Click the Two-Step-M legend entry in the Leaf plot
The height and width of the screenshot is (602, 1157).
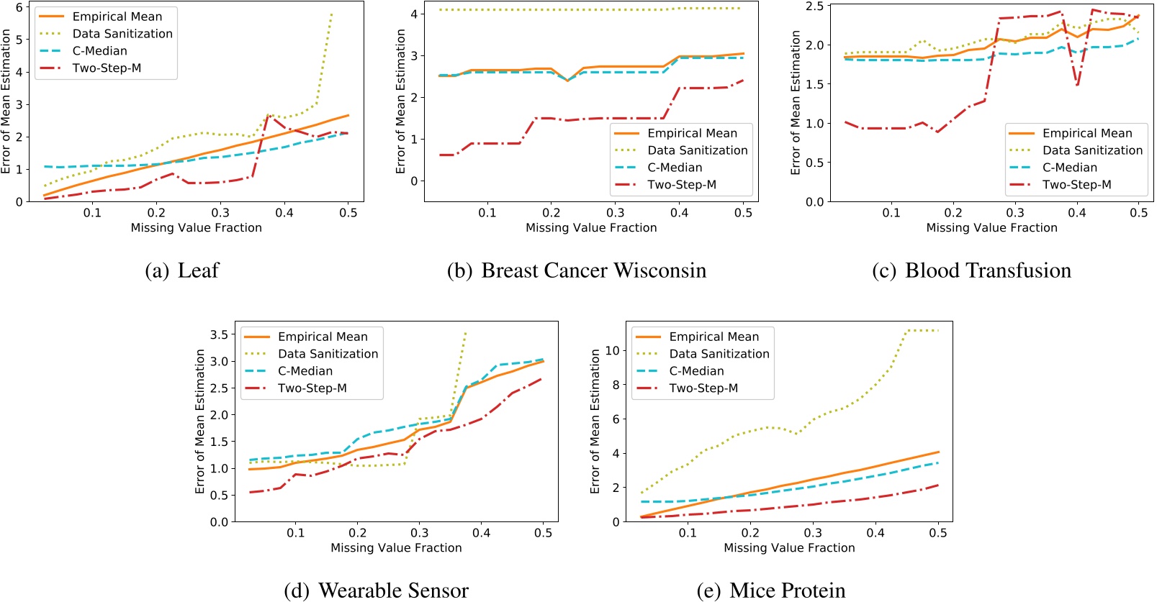pyautogui.click(x=107, y=68)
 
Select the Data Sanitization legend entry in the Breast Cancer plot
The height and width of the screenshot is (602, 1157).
pyautogui.click(x=697, y=150)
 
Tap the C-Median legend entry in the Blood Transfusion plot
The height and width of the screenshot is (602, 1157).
pyautogui.click(x=1069, y=168)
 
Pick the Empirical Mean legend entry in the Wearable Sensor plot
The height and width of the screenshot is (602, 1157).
pyautogui.click(x=322, y=337)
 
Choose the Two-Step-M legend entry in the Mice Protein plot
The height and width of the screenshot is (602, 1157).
pyautogui.click(x=703, y=388)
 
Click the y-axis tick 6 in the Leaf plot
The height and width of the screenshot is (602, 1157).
pyautogui.click(x=19, y=7)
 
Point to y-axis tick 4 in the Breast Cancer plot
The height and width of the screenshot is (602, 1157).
pyautogui.click(x=414, y=14)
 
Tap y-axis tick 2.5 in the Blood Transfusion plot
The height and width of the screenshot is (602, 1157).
pyautogui.click(x=814, y=6)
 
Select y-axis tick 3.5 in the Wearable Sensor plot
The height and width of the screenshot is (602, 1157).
pyautogui.click(x=219, y=334)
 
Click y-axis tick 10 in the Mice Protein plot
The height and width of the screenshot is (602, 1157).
pyautogui.click(x=612, y=351)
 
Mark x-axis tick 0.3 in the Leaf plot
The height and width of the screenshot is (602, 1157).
pyautogui.click(x=220, y=213)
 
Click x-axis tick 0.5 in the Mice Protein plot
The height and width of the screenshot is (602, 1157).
pyautogui.click(x=937, y=533)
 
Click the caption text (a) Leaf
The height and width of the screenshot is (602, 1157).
pyautogui.click(x=181, y=270)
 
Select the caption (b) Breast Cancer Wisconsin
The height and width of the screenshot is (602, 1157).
pyautogui.click(x=576, y=270)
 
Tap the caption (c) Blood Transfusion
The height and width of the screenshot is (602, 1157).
pyautogui.click(x=971, y=270)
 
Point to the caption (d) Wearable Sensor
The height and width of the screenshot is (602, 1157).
pyautogui.click(x=376, y=590)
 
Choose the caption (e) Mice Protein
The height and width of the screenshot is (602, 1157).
pyautogui.click(x=771, y=590)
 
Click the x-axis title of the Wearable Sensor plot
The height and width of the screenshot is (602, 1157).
pyautogui.click(x=396, y=548)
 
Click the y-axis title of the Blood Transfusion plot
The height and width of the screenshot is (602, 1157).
pyautogui.click(x=796, y=102)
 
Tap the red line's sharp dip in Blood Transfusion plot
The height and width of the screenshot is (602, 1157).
pyautogui.click(x=1077, y=85)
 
